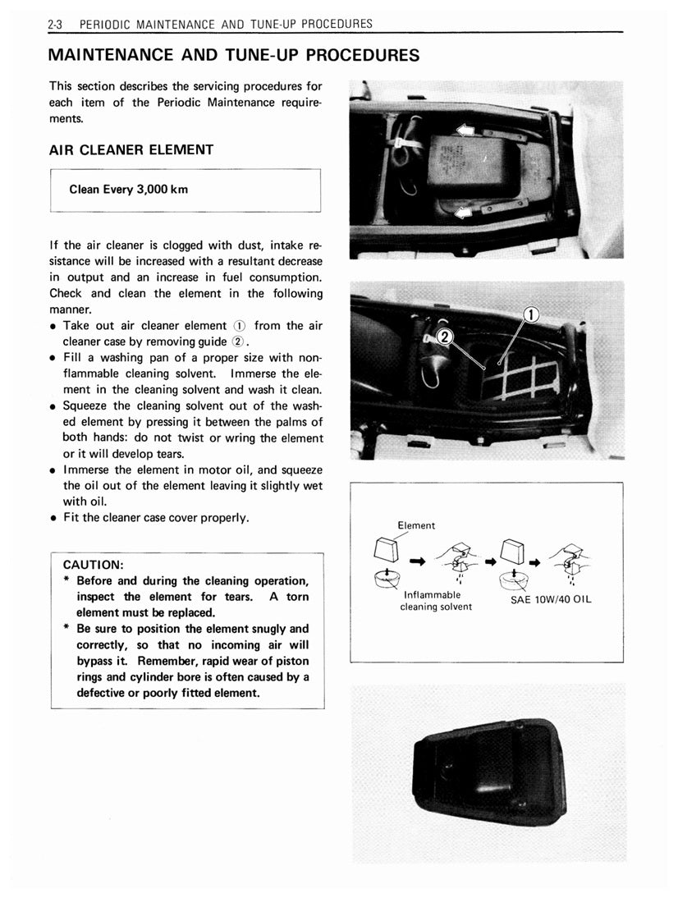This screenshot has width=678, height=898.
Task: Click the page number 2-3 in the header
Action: (x=57, y=24)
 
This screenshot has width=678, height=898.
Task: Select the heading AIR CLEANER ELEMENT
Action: (x=131, y=150)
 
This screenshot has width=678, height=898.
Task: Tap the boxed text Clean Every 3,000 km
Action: (x=129, y=190)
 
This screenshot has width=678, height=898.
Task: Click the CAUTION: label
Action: (x=94, y=565)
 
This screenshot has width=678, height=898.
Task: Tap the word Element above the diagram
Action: (x=416, y=525)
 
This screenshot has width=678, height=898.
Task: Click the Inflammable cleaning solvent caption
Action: (x=436, y=601)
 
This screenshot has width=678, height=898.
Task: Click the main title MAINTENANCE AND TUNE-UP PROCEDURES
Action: (x=234, y=56)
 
